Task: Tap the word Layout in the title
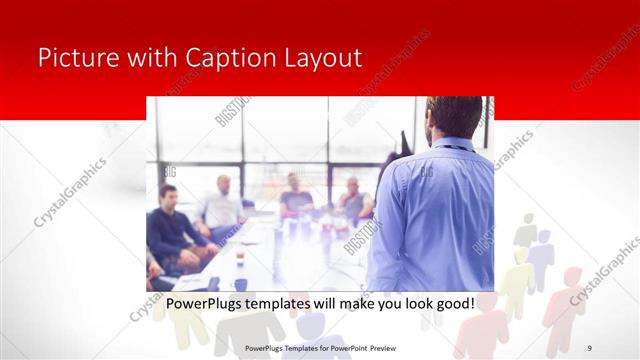(325, 57)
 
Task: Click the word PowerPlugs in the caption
(206, 303)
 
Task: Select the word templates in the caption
(289, 303)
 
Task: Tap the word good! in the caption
(451, 303)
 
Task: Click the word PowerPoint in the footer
(342, 348)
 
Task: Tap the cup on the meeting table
(240, 259)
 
